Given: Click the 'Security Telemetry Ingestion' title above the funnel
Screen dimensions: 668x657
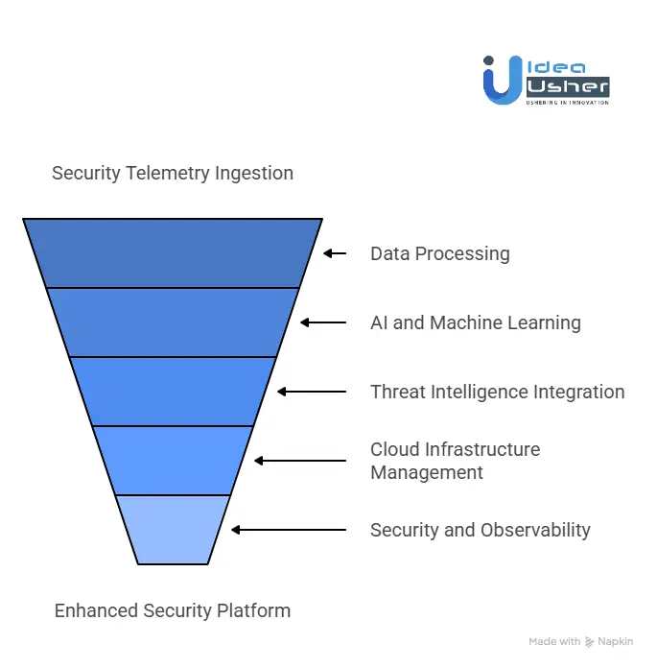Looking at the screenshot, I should coord(173,174).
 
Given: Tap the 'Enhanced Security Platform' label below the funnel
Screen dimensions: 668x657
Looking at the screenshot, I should coord(173,610).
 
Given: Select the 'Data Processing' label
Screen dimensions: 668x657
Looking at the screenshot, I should coord(440,253).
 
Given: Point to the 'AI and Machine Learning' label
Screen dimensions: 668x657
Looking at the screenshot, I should coord(476,322).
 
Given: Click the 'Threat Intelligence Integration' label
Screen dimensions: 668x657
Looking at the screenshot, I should coord(498,392).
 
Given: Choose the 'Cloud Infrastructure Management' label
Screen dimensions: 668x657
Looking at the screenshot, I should coord(456,461).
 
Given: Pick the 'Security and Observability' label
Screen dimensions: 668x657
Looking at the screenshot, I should coord(481,530).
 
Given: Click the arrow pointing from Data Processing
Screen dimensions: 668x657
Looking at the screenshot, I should coord(334,253).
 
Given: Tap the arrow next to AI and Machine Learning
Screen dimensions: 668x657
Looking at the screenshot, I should coord(323,322).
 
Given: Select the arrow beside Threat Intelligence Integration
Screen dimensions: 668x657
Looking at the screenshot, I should coord(312,392).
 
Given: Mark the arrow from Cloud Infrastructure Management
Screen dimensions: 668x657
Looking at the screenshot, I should coord(300,461).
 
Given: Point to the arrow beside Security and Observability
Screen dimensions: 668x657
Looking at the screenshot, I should coord(289,530).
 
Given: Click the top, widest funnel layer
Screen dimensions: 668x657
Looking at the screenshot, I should coord(173,253).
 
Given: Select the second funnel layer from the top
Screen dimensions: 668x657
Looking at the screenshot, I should coord(173,322).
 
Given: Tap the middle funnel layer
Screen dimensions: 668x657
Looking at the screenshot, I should coord(173,392).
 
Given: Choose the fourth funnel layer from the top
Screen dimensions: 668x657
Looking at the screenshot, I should coord(173,461).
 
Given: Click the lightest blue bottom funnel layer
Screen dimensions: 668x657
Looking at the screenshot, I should coord(173,530).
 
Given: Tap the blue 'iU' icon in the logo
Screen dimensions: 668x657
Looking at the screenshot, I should coord(502,79).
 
